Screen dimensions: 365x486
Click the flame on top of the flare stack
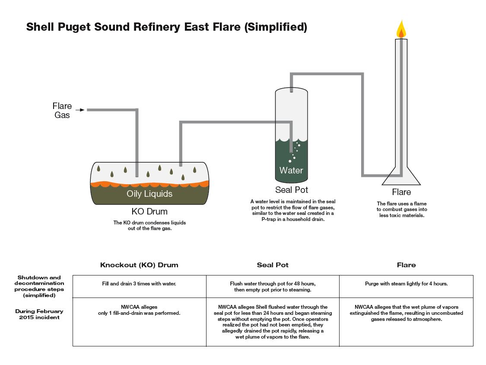click(x=401, y=29)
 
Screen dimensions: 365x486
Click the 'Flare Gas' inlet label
click(x=62, y=110)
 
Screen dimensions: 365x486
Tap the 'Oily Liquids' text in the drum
click(x=149, y=194)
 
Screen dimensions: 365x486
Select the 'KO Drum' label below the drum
click(x=149, y=212)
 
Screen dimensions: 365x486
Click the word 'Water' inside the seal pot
click(x=291, y=170)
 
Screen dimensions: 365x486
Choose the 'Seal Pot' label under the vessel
click(x=292, y=190)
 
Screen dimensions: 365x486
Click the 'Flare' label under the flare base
click(x=401, y=192)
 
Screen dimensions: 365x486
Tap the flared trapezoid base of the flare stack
click(x=401, y=177)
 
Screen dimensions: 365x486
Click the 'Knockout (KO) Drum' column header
click(x=139, y=265)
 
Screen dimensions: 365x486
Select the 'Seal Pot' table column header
click(x=273, y=265)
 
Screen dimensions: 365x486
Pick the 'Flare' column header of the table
click(x=406, y=265)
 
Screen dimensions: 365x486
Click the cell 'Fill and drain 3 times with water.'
click(x=139, y=284)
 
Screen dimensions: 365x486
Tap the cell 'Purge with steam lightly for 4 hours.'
click(x=406, y=284)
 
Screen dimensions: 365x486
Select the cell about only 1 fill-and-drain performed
click(x=139, y=310)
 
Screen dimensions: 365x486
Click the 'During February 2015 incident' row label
click(x=39, y=314)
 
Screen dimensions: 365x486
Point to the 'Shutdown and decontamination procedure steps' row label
click(x=39, y=286)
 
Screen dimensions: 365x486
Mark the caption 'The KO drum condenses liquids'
click(x=149, y=223)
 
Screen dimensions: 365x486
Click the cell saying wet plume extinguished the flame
click(x=406, y=313)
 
